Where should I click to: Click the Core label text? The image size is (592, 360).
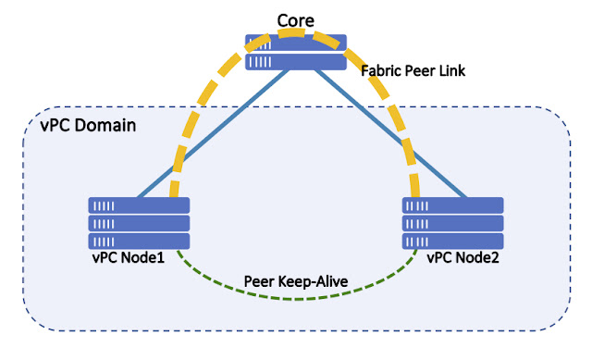point(295,19)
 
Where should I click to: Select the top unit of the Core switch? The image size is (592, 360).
point(296,43)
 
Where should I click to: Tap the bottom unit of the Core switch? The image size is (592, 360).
point(296,61)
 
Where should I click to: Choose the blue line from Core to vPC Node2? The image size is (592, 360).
point(388,139)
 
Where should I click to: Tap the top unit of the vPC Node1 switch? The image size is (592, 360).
point(139,205)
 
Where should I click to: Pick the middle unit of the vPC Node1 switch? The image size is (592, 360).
point(139,223)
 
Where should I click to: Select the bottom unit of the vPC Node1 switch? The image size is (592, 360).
point(139,241)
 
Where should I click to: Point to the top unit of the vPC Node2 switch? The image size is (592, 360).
point(452,205)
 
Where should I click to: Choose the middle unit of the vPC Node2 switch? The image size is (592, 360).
point(452,223)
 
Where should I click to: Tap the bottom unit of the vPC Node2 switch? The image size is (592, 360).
point(452,241)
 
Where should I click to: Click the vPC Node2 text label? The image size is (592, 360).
point(463,257)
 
